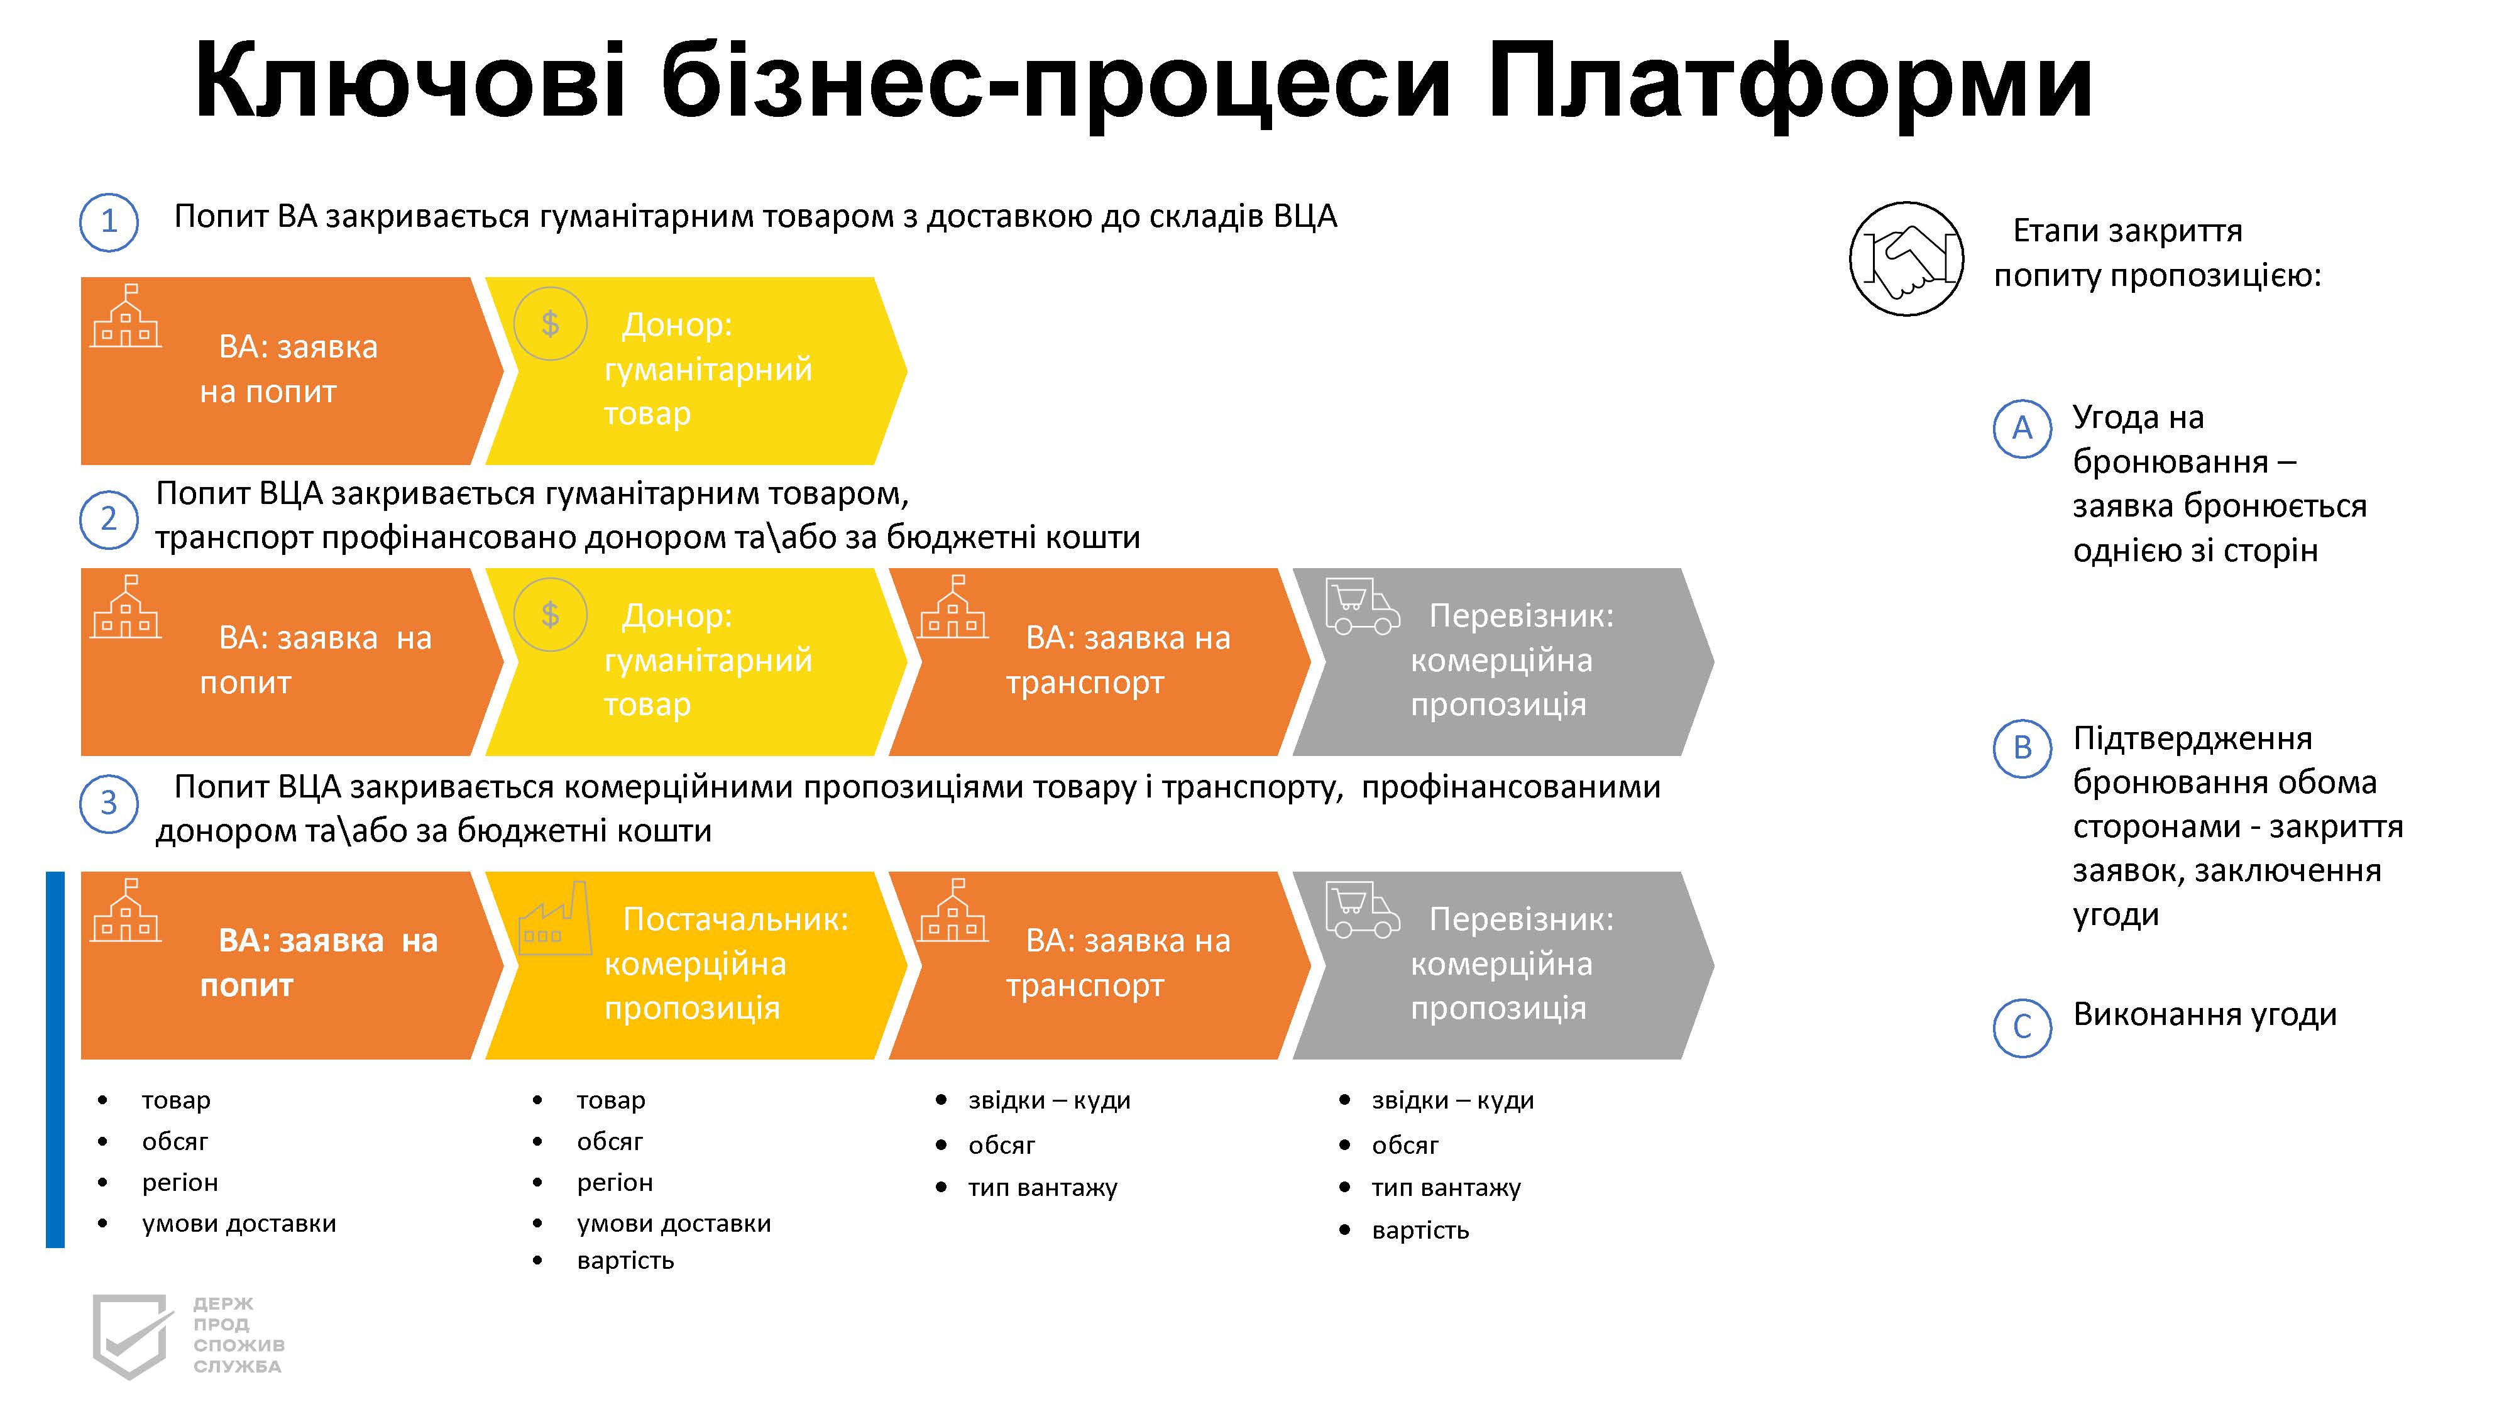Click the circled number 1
point(108,222)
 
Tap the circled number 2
point(108,519)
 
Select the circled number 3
point(108,803)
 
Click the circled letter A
point(2022,429)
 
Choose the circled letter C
point(2022,1027)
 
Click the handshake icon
point(1906,258)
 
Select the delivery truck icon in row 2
point(1363,607)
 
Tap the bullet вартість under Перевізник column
point(1420,1230)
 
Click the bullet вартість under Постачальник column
point(625,1261)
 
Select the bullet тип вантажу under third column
point(1042,1188)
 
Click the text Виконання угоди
point(2205,1015)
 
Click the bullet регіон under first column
point(180,1183)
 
